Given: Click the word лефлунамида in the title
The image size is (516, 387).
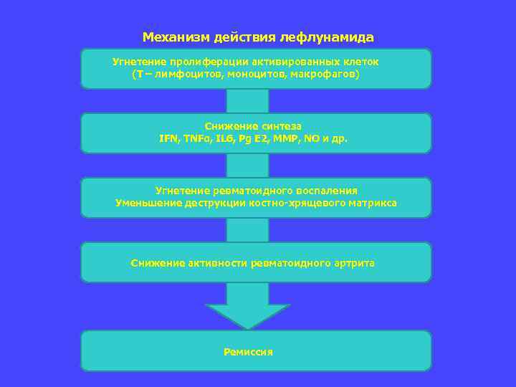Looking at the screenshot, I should (334, 37).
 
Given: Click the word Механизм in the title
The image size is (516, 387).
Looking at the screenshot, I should (171, 37).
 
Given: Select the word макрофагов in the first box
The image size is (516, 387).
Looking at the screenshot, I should (325, 75).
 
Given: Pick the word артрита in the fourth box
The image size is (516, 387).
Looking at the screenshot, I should (354, 264).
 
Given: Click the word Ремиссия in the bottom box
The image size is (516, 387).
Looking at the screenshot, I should (249, 353).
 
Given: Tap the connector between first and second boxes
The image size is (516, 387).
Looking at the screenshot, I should (247, 101).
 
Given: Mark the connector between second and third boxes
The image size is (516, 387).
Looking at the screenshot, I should (247, 166).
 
